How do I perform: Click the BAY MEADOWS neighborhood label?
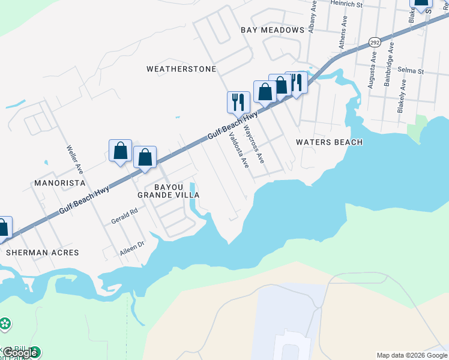[273, 30]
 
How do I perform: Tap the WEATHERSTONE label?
[181, 69]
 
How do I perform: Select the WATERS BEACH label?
[330, 142]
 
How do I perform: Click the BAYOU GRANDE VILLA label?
[168, 191]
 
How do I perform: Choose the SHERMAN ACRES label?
[43, 253]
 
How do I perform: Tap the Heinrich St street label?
[347, 4]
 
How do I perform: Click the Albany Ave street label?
[312, 16]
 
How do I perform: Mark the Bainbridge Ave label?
[388, 71]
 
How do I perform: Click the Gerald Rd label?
[124, 216]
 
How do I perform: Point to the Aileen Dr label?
[133, 249]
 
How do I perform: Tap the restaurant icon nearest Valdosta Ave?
[238, 101]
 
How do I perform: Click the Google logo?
[20, 353]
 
